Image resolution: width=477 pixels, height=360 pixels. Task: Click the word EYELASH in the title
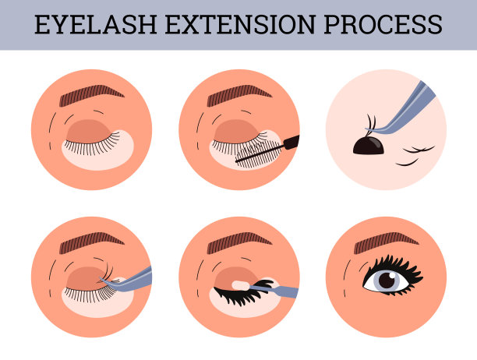tap(96, 24)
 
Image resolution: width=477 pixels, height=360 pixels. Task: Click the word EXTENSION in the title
tap(240, 24)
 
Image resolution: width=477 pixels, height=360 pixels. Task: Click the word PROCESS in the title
tap(383, 24)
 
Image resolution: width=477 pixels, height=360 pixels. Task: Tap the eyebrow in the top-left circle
tap(91, 94)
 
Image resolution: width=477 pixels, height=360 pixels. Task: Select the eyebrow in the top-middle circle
tap(239, 94)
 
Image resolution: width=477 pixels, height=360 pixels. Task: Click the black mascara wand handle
tap(291, 142)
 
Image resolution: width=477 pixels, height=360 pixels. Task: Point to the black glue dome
tap(369, 146)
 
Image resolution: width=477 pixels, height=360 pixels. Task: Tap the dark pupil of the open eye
tap(387, 281)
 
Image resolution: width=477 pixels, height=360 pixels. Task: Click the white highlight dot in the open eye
tap(392, 275)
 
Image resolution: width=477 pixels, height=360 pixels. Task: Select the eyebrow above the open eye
tap(387, 242)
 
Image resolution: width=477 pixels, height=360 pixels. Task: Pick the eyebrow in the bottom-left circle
tap(91, 242)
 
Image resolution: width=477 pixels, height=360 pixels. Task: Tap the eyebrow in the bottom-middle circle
tap(239, 242)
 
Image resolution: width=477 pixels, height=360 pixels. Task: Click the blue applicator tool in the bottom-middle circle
tap(274, 290)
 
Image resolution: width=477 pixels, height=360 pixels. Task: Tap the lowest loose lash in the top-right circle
tap(407, 163)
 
